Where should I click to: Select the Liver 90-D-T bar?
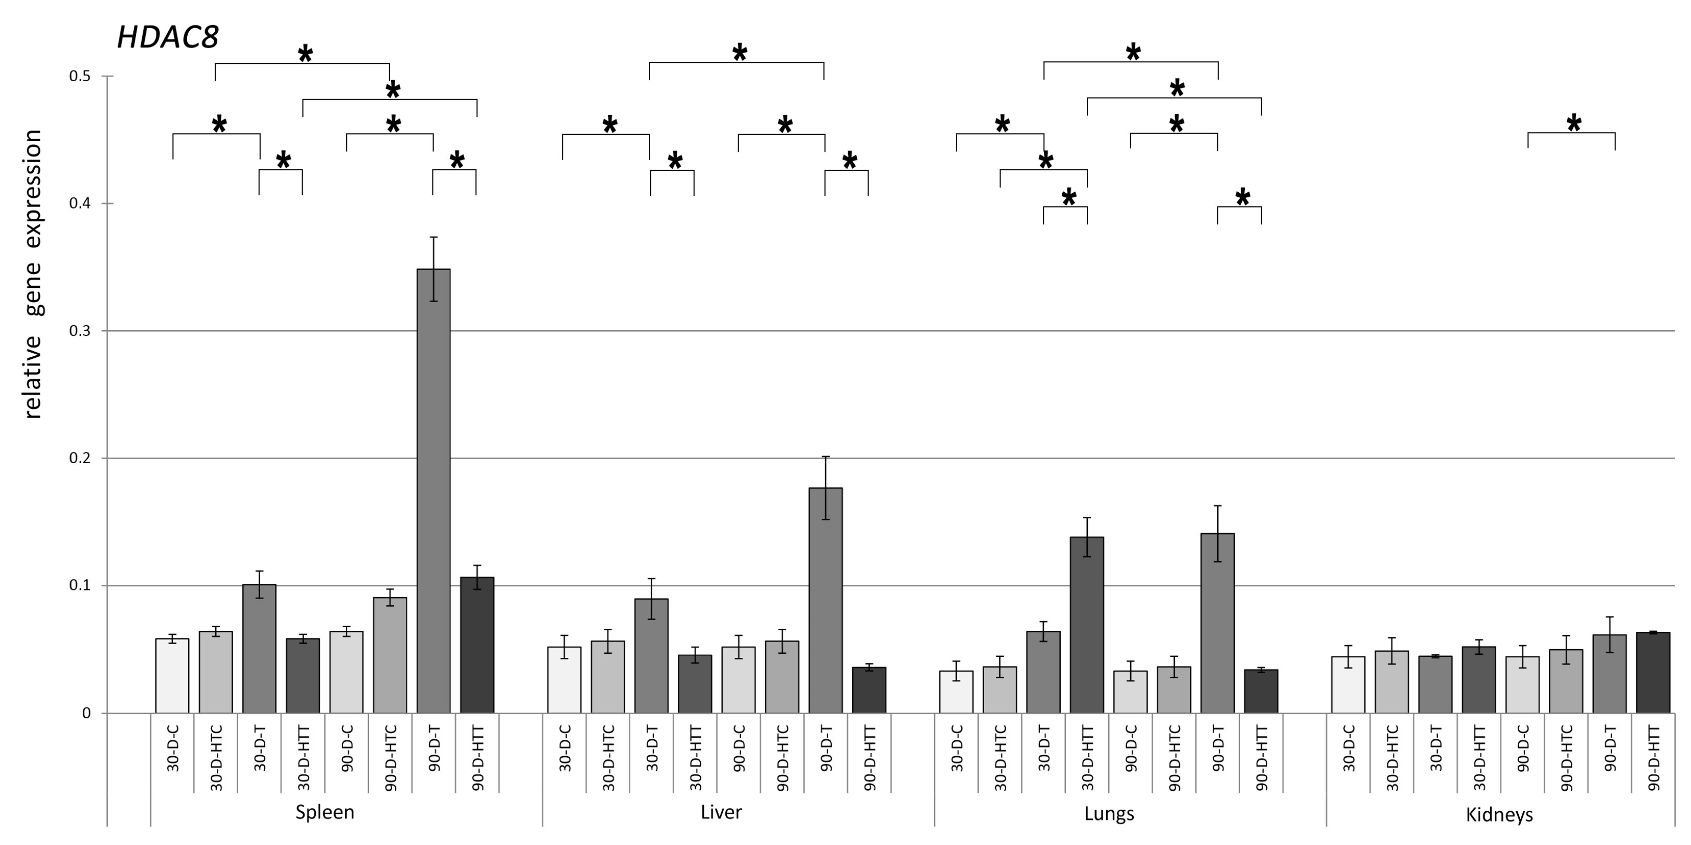(825, 600)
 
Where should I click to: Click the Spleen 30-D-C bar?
(172, 676)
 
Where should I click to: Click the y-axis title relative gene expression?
(32, 274)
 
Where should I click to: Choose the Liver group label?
(721, 812)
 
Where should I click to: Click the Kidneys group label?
(1499, 815)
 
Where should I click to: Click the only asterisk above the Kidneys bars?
(1573, 123)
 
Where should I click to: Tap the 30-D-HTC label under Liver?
(608, 757)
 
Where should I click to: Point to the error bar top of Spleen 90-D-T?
(433, 237)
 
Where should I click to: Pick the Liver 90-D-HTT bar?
(869, 690)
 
